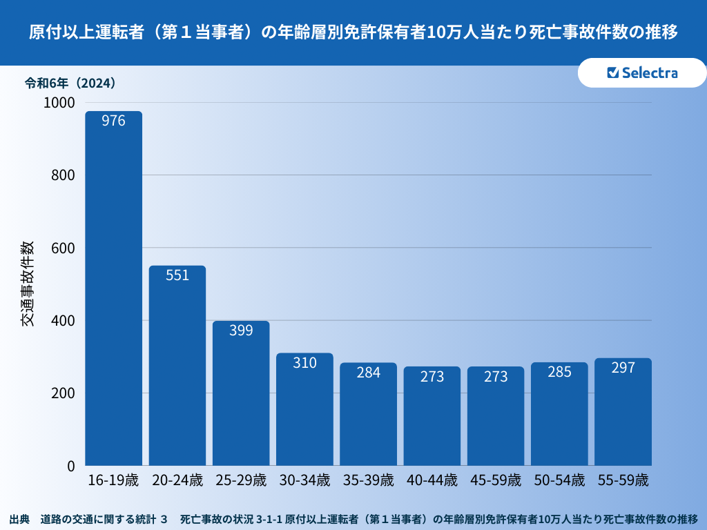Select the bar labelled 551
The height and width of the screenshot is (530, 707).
coord(177,366)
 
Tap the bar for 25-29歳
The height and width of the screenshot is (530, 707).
coord(241,393)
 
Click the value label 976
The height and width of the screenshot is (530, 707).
coord(113,121)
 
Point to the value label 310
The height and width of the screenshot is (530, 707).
coord(304,362)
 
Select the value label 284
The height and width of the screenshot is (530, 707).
coord(369,373)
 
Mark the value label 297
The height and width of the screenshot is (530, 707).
coord(623,368)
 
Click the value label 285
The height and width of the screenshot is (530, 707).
coord(559,373)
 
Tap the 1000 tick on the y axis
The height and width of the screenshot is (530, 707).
coord(59,103)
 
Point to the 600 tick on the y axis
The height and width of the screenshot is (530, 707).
coord(63,248)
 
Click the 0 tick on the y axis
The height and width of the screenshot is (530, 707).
coord(70,467)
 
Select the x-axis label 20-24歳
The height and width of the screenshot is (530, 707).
coord(177,480)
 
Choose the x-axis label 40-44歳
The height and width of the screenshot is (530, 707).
coord(432,480)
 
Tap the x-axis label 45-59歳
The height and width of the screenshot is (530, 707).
coord(496,480)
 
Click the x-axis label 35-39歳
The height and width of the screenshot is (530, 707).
coord(369,480)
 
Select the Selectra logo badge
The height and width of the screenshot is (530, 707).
coord(641,73)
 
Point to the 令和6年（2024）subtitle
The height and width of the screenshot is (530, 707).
coord(70,84)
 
